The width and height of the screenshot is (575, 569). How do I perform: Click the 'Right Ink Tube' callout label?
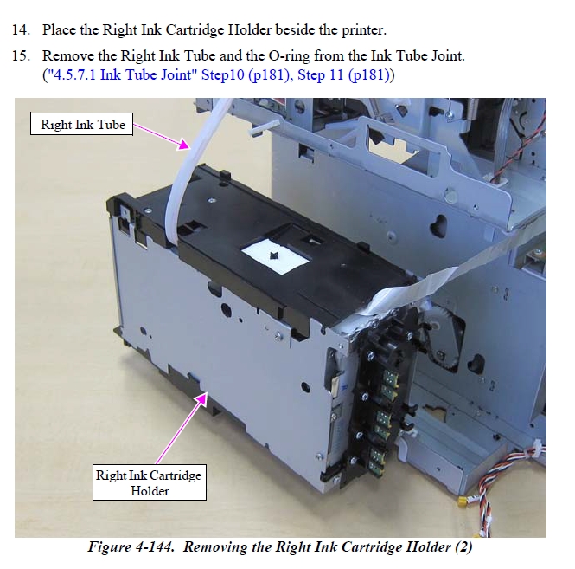[82, 124]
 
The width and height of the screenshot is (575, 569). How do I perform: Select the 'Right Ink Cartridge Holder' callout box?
[150, 482]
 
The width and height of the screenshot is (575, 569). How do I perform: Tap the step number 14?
[21, 29]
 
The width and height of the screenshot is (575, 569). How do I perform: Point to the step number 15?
[21, 55]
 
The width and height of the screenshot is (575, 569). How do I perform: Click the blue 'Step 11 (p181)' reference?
[342, 75]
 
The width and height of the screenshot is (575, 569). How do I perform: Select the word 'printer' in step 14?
[364, 30]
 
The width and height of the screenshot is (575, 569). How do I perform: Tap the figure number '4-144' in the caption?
[154, 546]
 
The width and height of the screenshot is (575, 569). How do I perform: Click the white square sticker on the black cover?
[275, 255]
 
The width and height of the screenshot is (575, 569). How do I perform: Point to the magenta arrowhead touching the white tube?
[183, 144]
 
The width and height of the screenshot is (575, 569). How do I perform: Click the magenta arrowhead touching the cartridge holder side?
[201, 398]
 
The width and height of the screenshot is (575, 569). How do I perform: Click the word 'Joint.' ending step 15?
[447, 56]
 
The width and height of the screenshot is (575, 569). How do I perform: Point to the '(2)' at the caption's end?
[463, 547]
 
